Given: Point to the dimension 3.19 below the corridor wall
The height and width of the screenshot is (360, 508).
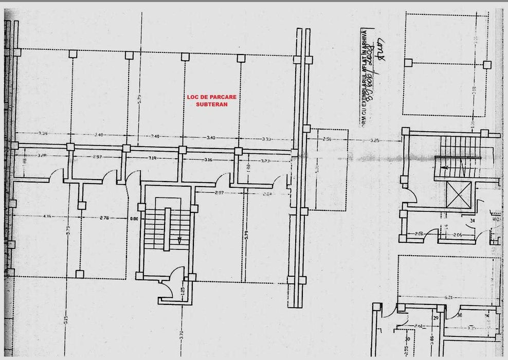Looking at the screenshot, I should (x=153, y=158).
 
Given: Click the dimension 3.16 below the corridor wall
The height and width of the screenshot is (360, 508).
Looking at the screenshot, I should (x=208, y=160).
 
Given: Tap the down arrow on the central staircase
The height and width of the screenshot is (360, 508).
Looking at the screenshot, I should (x=179, y=240).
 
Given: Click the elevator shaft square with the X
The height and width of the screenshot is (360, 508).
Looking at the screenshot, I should (x=459, y=194).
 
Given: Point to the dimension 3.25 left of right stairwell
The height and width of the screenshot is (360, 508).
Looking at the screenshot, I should (x=374, y=140).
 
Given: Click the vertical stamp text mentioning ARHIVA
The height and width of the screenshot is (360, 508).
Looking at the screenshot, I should (x=365, y=77).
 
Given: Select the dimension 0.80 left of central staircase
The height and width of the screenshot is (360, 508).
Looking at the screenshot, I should (x=134, y=219).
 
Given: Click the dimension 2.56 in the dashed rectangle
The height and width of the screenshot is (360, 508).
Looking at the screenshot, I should (x=327, y=139).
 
